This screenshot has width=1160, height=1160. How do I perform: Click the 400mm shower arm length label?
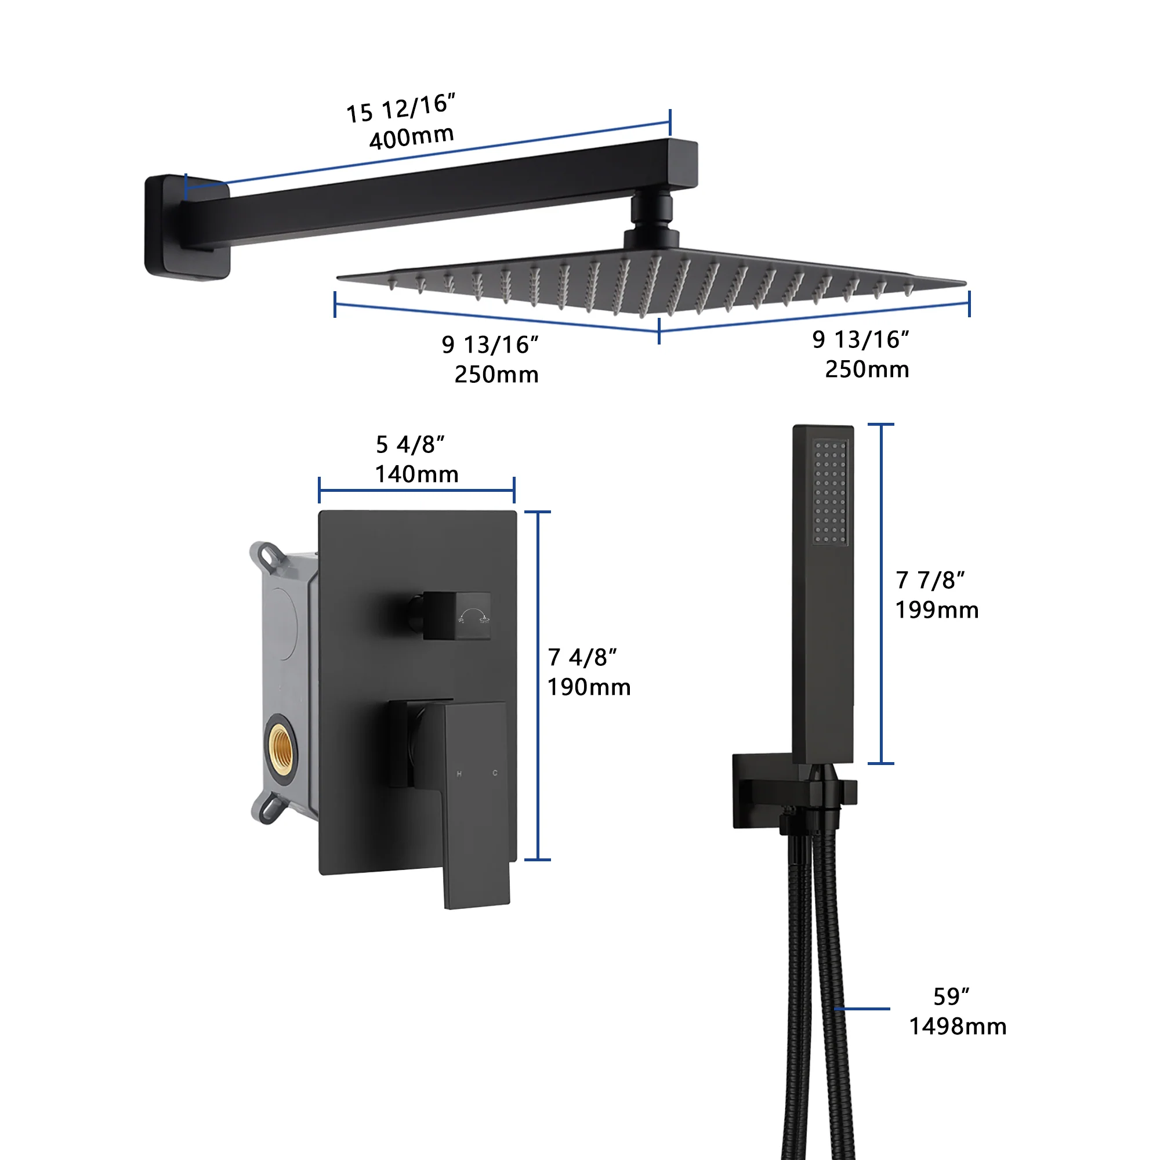click(x=411, y=137)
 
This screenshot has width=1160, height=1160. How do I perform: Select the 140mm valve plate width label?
click(x=416, y=474)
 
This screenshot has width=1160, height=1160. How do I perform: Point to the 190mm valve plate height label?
click(x=588, y=687)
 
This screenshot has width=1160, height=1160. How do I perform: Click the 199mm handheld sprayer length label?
click(x=937, y=610)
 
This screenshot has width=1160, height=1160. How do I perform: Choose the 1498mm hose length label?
click(x=958, y=1026)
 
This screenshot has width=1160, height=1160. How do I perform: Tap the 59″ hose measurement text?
click(x=951, y=996)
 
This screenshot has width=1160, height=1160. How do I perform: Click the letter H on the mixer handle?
click(x=459, y=774)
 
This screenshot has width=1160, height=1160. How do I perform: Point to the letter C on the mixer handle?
click(x=495, y=773)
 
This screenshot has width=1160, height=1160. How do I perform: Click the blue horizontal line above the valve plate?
click(x=416, y=491)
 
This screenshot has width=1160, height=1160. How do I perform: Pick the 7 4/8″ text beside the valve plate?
click(x=582, y=658)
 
